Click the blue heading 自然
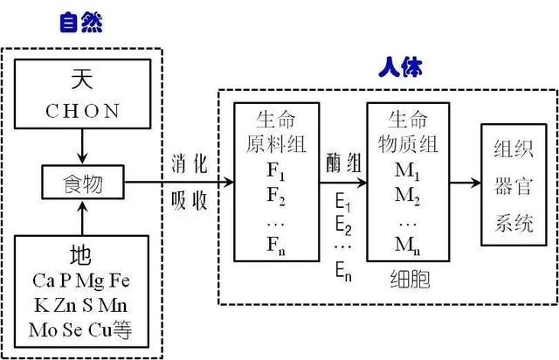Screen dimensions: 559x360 (81, 23)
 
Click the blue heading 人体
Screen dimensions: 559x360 (401, 67)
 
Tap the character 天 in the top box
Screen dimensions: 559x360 (82, 79)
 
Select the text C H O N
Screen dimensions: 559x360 (82, 111)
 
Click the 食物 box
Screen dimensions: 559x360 (83, 182)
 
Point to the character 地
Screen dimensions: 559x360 (80, 255)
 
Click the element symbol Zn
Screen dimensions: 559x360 (65, 306)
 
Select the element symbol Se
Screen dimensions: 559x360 (72, 329)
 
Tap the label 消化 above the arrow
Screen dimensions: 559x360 (190, 164)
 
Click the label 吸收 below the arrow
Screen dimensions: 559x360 (190, 200)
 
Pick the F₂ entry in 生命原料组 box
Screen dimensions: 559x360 (276, 197)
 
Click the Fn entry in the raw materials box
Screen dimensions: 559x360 (276, 246)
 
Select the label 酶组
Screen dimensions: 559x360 (343, 163)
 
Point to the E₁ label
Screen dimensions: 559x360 (343, 203)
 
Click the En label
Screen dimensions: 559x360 (343, 272)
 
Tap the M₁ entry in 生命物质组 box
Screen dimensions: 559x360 (407, 171)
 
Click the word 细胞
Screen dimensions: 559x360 (410, 279)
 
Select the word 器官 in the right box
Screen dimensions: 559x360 (514, 186)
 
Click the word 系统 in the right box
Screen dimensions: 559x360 (514, 223)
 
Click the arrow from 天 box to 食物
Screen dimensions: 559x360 (82, 147)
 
